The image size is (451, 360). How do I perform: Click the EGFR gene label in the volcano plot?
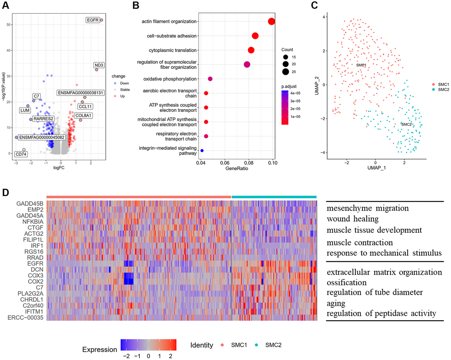coord(92,20)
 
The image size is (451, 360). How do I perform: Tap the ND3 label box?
coord(99,65)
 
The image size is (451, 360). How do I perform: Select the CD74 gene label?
coord(21,154)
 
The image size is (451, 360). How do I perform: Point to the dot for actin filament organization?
coord(271,22)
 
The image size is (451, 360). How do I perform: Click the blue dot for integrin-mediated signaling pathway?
coord(202,151)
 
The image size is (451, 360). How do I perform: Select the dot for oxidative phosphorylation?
coord(210,79)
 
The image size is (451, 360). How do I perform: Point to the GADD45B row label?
coord(29,204)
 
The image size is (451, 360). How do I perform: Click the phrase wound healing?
coord(353,218)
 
